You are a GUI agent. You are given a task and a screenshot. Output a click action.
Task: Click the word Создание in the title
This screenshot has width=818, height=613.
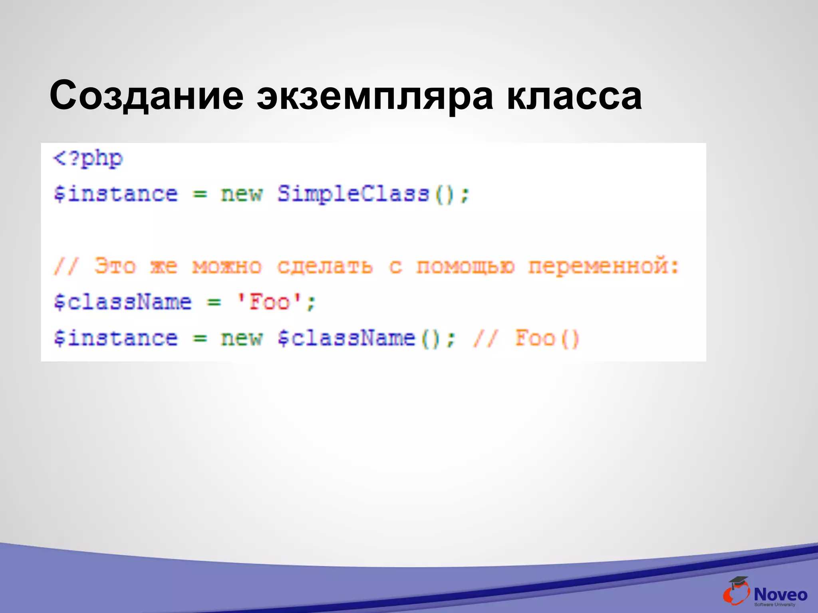coord(146,96)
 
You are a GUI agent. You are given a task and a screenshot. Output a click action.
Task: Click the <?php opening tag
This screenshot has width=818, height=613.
coord(88,159)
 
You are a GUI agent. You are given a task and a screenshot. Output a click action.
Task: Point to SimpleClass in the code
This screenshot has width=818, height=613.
coord(353,194)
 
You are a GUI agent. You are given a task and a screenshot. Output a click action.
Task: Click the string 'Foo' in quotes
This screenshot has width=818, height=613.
coord(269,302)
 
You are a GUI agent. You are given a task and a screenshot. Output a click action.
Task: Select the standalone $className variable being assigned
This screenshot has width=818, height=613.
coord(123,302)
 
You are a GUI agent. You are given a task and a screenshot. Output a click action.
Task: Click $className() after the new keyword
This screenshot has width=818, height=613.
coord(359,338)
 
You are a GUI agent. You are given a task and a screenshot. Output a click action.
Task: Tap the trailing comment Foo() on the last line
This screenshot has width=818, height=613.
coord(547,338)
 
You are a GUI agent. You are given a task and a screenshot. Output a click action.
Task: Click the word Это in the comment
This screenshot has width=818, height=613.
coord(115,266)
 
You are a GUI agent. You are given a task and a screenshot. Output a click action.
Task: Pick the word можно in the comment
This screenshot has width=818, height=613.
coord(227,266)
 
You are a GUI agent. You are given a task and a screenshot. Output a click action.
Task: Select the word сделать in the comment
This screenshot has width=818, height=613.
coord(325,266)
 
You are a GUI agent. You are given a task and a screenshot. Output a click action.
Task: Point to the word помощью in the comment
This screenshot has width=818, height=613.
coord(465,266)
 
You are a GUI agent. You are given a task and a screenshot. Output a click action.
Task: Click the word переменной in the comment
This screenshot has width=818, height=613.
coord(598,266)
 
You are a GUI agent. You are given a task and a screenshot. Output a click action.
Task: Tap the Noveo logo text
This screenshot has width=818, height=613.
coord(780,595)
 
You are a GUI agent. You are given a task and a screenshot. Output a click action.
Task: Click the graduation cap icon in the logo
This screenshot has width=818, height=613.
coord(738,582)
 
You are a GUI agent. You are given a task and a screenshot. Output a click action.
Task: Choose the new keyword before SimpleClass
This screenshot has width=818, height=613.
coord(242,194)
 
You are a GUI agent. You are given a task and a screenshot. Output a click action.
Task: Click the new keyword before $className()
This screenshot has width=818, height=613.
coord(242,338)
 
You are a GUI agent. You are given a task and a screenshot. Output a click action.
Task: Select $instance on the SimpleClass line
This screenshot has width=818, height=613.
coord(116,194)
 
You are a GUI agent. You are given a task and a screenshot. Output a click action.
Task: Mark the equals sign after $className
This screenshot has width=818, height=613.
coord(214,303)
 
